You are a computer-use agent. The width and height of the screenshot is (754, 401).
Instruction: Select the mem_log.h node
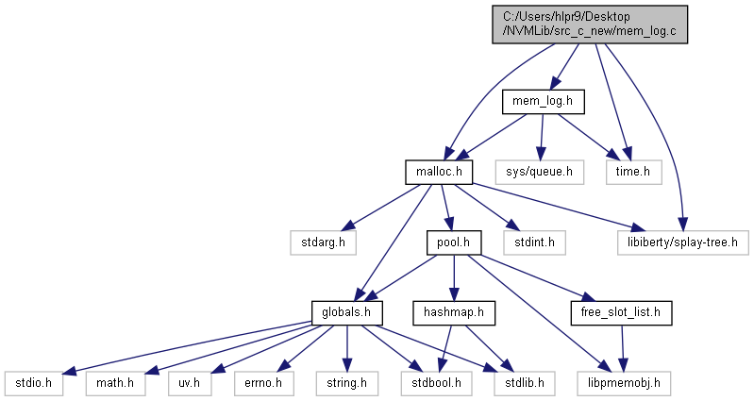(x=543, y=100)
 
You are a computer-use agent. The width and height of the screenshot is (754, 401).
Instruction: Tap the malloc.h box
(x=438, y=171)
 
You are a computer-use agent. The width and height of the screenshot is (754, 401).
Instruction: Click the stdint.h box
(x=534, y=242)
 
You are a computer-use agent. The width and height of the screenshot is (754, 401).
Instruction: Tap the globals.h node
(x=346, y=312)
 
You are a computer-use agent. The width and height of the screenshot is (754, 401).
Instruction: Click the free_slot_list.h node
(x=621, y=312)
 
